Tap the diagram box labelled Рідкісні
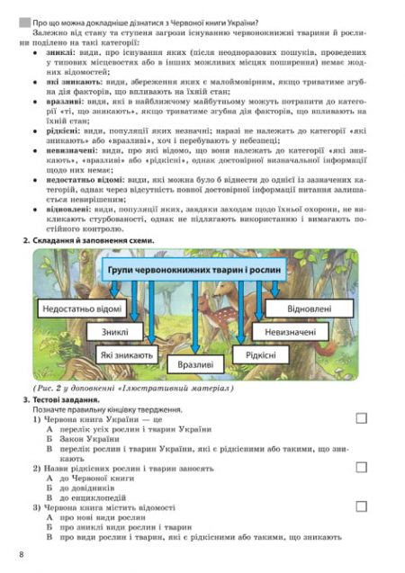point(260,355)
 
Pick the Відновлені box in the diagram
point(310,309)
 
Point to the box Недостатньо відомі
point(81,309)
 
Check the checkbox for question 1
point(362,418)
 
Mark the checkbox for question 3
point(362,507)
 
